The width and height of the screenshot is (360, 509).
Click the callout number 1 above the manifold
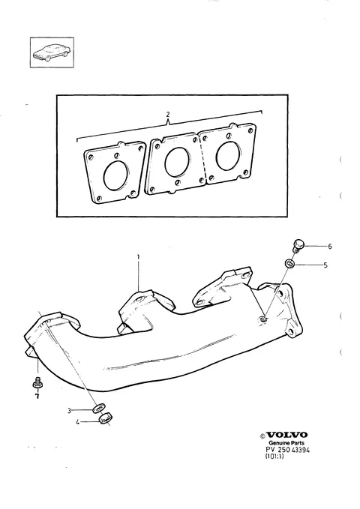138,257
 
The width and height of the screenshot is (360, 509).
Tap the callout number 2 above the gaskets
168,114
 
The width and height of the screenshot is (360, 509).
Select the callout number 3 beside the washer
69,411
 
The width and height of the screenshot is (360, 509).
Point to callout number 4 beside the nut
78,422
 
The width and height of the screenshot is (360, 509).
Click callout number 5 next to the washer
325,265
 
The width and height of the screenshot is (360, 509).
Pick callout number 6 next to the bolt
330,247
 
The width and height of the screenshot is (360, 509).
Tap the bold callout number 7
37,396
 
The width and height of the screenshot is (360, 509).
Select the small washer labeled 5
289,263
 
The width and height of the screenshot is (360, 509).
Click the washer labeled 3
98,408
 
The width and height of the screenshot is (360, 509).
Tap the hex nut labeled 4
105,418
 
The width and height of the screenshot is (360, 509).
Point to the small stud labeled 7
37,382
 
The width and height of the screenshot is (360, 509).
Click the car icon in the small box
52,52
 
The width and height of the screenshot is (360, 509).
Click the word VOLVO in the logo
286,435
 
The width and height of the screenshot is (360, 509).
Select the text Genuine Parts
286,443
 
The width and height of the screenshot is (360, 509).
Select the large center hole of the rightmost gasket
229,156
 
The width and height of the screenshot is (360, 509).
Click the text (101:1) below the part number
274,456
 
